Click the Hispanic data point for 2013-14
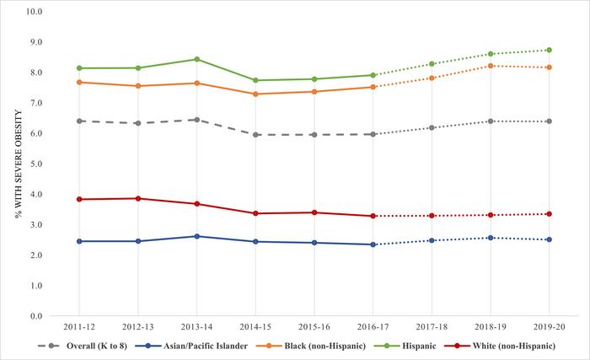pyautogui.click(x=196, y=59)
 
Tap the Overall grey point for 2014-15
pyautogui.click(x=255, y=135)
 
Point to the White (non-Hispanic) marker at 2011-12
pyautogui.click(x=79, y=199)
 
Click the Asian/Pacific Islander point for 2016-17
pyautogui.click(x=373, y=244)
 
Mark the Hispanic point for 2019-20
pyautogui.click(x=550, y=50)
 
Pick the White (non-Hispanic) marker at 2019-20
pyautogui.click(x=550, y=214)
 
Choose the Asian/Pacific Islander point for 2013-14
pyautogui.click(x=196, y=236)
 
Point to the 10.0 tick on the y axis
pyautogui.click(x=36, y=12)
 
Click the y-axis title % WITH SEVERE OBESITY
pyautogui.click(x=15, y=164)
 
